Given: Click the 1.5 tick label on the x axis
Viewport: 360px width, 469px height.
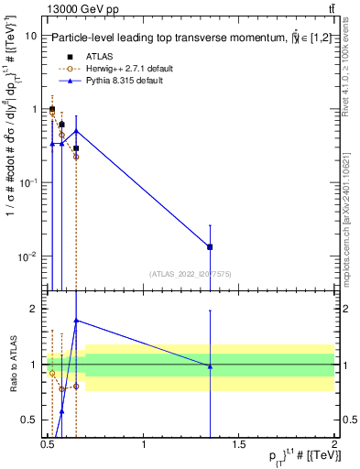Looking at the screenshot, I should tap(239, 444).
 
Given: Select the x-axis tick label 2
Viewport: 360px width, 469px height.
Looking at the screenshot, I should tap(334, 444).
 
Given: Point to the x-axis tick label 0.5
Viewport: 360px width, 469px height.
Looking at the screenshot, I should tap(49, 444).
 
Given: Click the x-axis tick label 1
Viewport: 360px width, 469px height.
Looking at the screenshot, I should tap(144, 444).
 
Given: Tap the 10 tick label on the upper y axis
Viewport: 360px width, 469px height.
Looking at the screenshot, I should tap(30, 36).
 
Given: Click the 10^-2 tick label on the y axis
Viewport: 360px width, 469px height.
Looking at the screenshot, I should tap(27, 256).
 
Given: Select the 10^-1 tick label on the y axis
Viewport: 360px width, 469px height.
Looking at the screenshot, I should tap(27, 182).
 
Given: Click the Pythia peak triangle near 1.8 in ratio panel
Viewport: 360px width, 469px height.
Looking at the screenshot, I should tap(76, 321).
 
